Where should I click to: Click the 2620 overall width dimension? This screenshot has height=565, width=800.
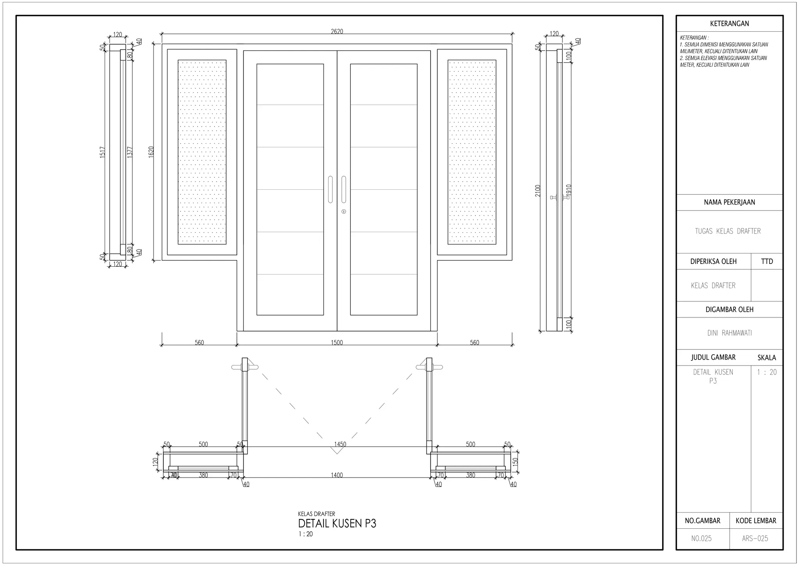(x=337, y=31)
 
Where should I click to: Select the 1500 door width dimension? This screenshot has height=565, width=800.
(x=337, y=342)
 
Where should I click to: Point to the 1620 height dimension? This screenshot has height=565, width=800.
(x=151, y=152)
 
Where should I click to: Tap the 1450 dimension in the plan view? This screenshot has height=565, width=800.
(x=340, y=444)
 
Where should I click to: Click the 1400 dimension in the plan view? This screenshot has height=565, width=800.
(x=337, y=475)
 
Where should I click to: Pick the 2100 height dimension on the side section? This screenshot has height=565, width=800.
(x=538, y=191)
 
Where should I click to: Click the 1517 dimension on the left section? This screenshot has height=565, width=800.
(x=102, y=152)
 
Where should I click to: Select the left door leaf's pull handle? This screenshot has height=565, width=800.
(x=330, y=189)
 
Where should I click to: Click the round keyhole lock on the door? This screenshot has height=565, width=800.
(x=344, y=212)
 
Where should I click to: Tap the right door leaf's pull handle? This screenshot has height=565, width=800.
(x=344, y=189)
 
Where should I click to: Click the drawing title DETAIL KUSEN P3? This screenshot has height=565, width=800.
(x=337, y=524)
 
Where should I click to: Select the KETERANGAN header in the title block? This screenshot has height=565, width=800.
(x=729, y=23)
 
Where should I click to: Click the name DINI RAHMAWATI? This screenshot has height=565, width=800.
(x=729, y=333)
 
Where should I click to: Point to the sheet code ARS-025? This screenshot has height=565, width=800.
(x=755, y=538)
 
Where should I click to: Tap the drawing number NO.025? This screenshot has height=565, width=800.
(x=702, y=538)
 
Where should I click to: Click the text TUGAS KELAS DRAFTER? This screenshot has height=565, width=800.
(x=728, y=231)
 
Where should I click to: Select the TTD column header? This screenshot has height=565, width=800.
(x=767, y=261)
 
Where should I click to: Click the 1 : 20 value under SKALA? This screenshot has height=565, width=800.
(x=767, y=372)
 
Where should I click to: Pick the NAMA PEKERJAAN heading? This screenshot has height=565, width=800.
(x=729, y=202)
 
